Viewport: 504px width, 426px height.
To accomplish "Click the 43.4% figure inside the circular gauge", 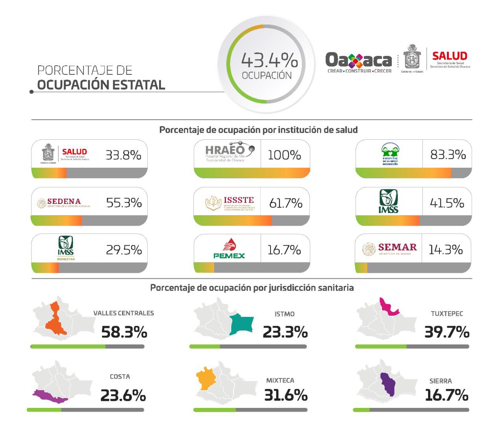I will click(269, 61).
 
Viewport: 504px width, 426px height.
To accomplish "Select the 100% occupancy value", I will click(284, 155).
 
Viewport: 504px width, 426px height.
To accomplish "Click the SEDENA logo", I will click(64, 203).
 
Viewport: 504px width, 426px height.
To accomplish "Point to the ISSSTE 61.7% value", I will click(285, 203).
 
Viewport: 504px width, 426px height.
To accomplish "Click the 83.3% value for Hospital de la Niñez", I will click(448, 155).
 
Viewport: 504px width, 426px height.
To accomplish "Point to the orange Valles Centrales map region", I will click(55, 321).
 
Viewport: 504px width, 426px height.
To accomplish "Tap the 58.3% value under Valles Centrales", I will click(124, 332).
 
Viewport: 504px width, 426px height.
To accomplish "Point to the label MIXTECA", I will click(280, 380).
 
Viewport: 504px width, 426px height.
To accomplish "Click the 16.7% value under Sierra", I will click(447, 395).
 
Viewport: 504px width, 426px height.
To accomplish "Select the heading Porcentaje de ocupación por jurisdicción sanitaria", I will click(252, 288).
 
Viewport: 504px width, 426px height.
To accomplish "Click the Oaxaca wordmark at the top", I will click(359, 60).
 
